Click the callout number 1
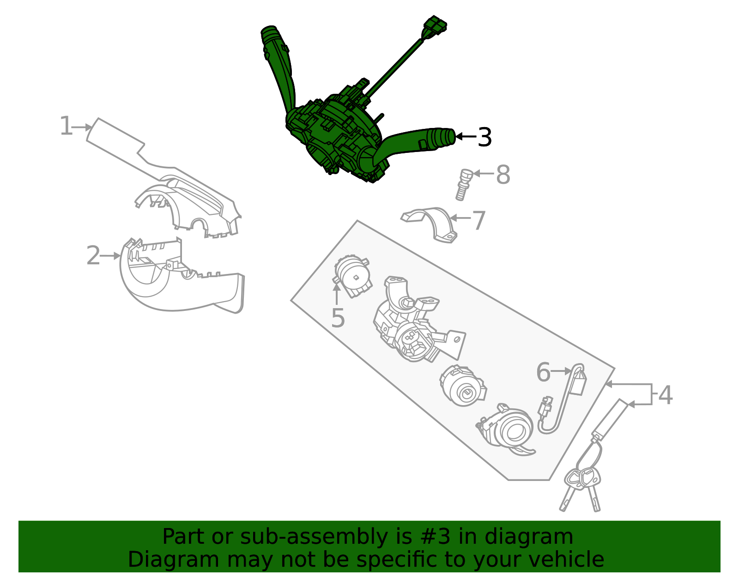(66, 127)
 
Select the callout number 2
(93, 255)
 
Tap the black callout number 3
(485, 137)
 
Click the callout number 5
(338, 318)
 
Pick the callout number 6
(543, 372)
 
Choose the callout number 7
(479, 220)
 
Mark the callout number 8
(503, 175)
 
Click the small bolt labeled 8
(463, 184)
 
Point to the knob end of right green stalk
(443, 137)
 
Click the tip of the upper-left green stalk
(269, 33)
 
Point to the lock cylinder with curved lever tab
(508, 430)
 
